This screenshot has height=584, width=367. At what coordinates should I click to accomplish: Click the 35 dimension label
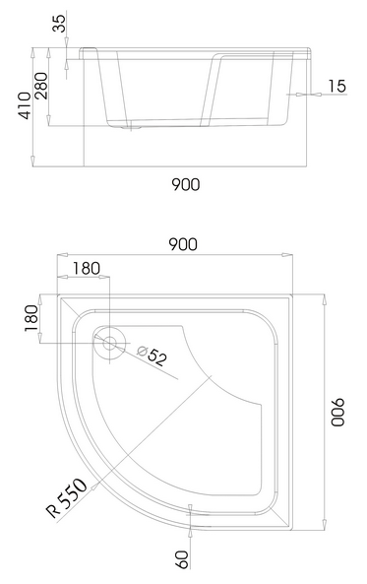click(60, 23)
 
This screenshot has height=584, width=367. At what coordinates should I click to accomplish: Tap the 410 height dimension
click(25, 105)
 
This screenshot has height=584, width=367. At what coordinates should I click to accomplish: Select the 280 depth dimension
click(41, 86)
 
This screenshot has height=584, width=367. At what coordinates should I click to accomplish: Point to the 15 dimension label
click(336, 86)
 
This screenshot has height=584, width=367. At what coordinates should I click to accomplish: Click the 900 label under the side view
click(185, 184)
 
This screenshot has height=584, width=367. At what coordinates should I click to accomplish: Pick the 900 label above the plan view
click(183, 244)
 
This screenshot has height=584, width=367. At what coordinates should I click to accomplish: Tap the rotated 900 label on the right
click(337, 412)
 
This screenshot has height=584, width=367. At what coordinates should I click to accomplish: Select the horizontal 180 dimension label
click(86, 268)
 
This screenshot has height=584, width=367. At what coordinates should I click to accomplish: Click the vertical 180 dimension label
click(31, 318)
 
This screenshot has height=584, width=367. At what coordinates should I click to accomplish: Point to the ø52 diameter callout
click(152, 356)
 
